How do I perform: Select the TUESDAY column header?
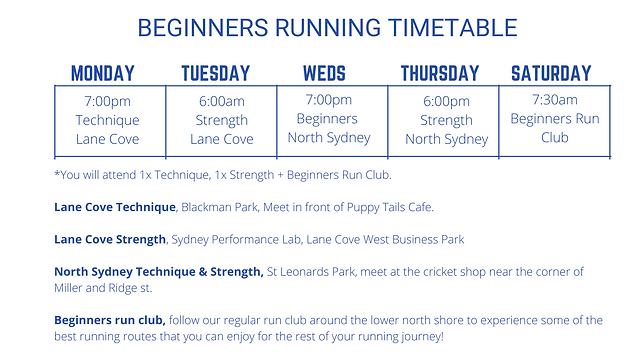click(x=215, y=73)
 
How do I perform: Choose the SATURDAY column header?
click(x=551, y=73)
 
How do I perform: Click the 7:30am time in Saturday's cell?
click(x=553, y=99)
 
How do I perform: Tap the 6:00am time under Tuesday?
click(x=221, y=101)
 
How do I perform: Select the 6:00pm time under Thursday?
click(x=446, y=102)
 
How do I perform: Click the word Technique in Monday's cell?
click(x=107, y=120)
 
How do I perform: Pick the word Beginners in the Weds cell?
click(x=329, y=118)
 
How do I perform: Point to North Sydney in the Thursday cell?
click(x=446, y=140)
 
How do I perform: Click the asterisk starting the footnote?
click(x=57, y=175)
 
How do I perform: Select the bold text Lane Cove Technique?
click(x=114, y=207)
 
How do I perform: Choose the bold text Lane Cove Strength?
click(x=110, y=239)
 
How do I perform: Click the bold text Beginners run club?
click(x=110, y=320)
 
